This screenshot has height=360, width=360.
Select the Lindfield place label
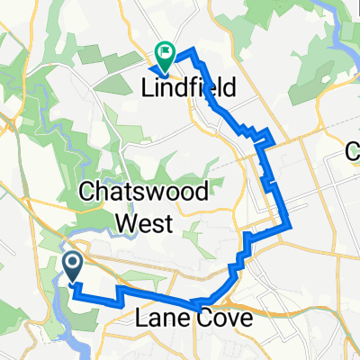[x=189, y=88]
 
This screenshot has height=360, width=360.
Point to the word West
[x=138, y=220]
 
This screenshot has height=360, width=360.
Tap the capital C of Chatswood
[x=89, y=193]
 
